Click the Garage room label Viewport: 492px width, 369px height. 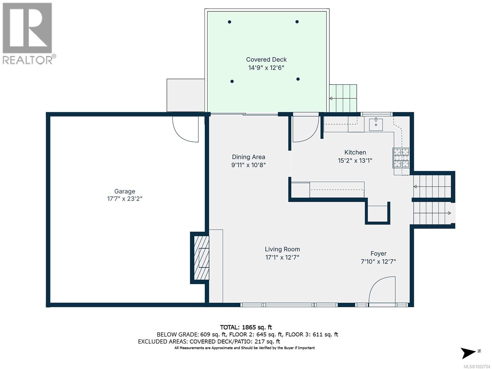pos(125,191)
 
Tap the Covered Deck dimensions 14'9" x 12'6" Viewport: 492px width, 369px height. pos(266,68)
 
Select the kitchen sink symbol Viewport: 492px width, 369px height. pos(376,125)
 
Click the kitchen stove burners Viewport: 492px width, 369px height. pos(401,157)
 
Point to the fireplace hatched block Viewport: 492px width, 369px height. pos(200,258)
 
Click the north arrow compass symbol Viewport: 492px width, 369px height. pos(469,353)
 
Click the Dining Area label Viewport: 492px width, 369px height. pos(248,157)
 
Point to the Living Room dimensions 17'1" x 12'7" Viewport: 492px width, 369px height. pos(282,257)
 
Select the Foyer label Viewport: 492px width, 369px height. pos(378,253)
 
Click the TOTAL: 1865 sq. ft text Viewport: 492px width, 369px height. pos(246,327)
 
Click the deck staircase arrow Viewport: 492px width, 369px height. pos(331,98)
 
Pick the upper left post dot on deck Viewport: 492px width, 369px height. pos(229,22)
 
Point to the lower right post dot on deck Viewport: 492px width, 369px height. pos(298,79)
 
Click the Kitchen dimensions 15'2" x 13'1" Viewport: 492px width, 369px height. pos(355,161)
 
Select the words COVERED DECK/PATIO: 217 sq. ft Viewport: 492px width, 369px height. pos(235,341)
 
